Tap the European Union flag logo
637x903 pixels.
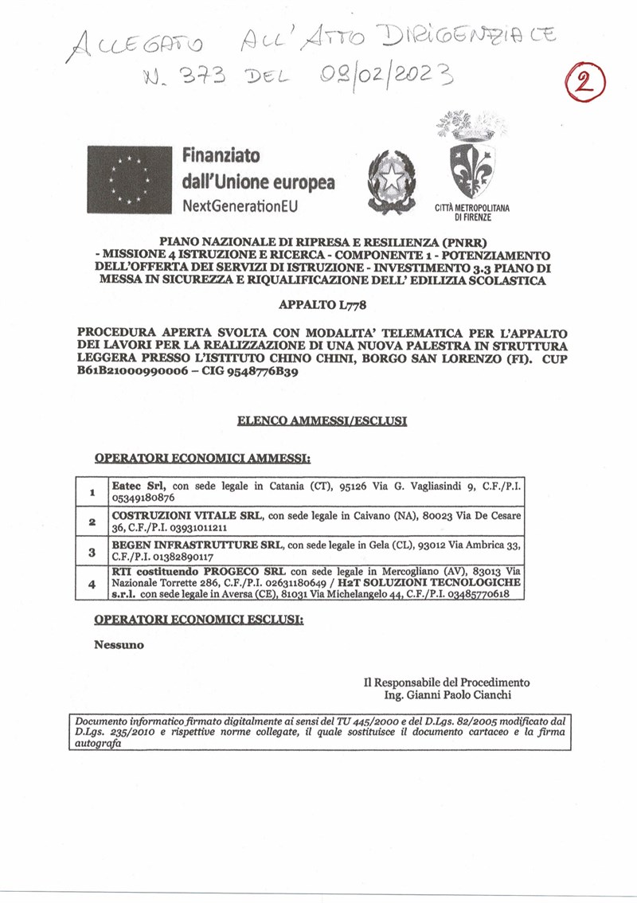130,179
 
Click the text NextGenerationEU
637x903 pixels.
233,205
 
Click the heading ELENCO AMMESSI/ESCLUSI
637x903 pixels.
322,420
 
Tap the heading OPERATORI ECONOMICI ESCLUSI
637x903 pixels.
198,620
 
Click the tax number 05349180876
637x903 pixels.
143,498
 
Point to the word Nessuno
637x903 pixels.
119,645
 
